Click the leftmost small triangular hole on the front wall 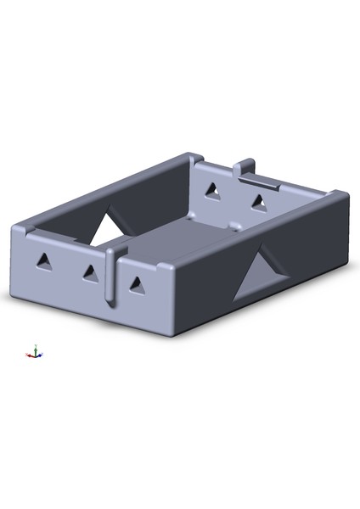(43, 262)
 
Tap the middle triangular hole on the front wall (89, 272)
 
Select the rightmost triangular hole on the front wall (137, 285)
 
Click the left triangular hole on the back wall (214, 192)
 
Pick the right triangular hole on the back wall (258, 201)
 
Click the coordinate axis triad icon (34, 352)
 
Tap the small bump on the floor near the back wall (235, 226)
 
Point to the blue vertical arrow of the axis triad (35, 348)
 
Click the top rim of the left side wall (102, 191)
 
